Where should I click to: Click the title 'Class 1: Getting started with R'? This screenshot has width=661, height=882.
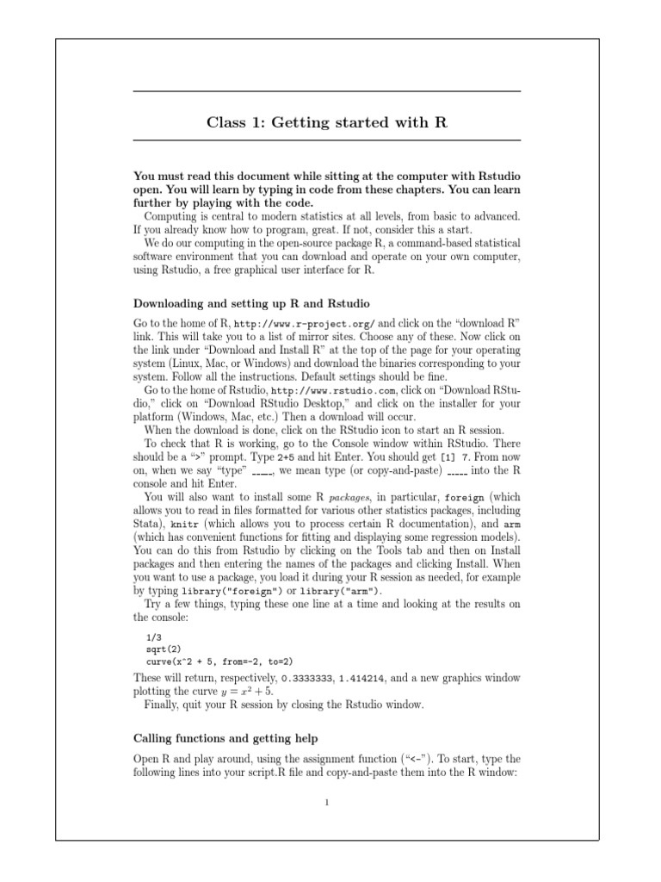(x=326, y=122)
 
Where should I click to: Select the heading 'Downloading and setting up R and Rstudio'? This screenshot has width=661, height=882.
(x=251, y=303)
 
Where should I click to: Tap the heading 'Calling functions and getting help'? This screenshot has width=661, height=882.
(x=225, y=738)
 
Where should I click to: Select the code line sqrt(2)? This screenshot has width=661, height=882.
(x=164, y=648)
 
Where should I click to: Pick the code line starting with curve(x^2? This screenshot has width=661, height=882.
(x=220, y=661)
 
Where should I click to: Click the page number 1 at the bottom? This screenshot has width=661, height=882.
(x=327, y=803)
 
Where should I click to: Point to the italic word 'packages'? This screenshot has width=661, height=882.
(x=349, y=497)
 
